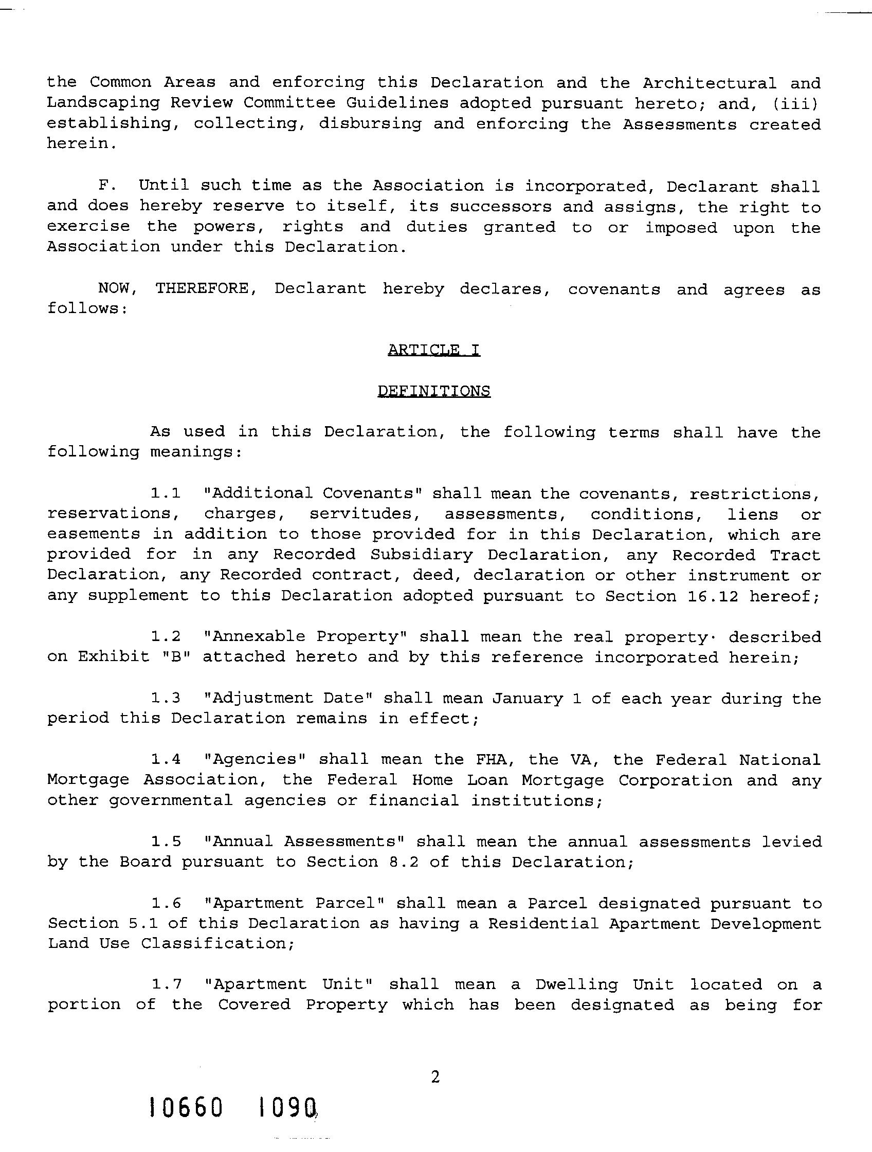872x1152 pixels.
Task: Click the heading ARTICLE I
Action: [x=434, y=350]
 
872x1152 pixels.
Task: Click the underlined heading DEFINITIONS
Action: [x=434, y=391]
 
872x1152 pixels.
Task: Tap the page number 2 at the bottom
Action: [x=435, y=1076]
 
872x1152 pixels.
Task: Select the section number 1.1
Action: [x=166, y=492]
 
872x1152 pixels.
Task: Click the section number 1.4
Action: [x=166, y=759]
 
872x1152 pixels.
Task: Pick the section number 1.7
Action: [x=166, y=984]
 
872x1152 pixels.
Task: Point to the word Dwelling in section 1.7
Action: [x=577, y=984]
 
